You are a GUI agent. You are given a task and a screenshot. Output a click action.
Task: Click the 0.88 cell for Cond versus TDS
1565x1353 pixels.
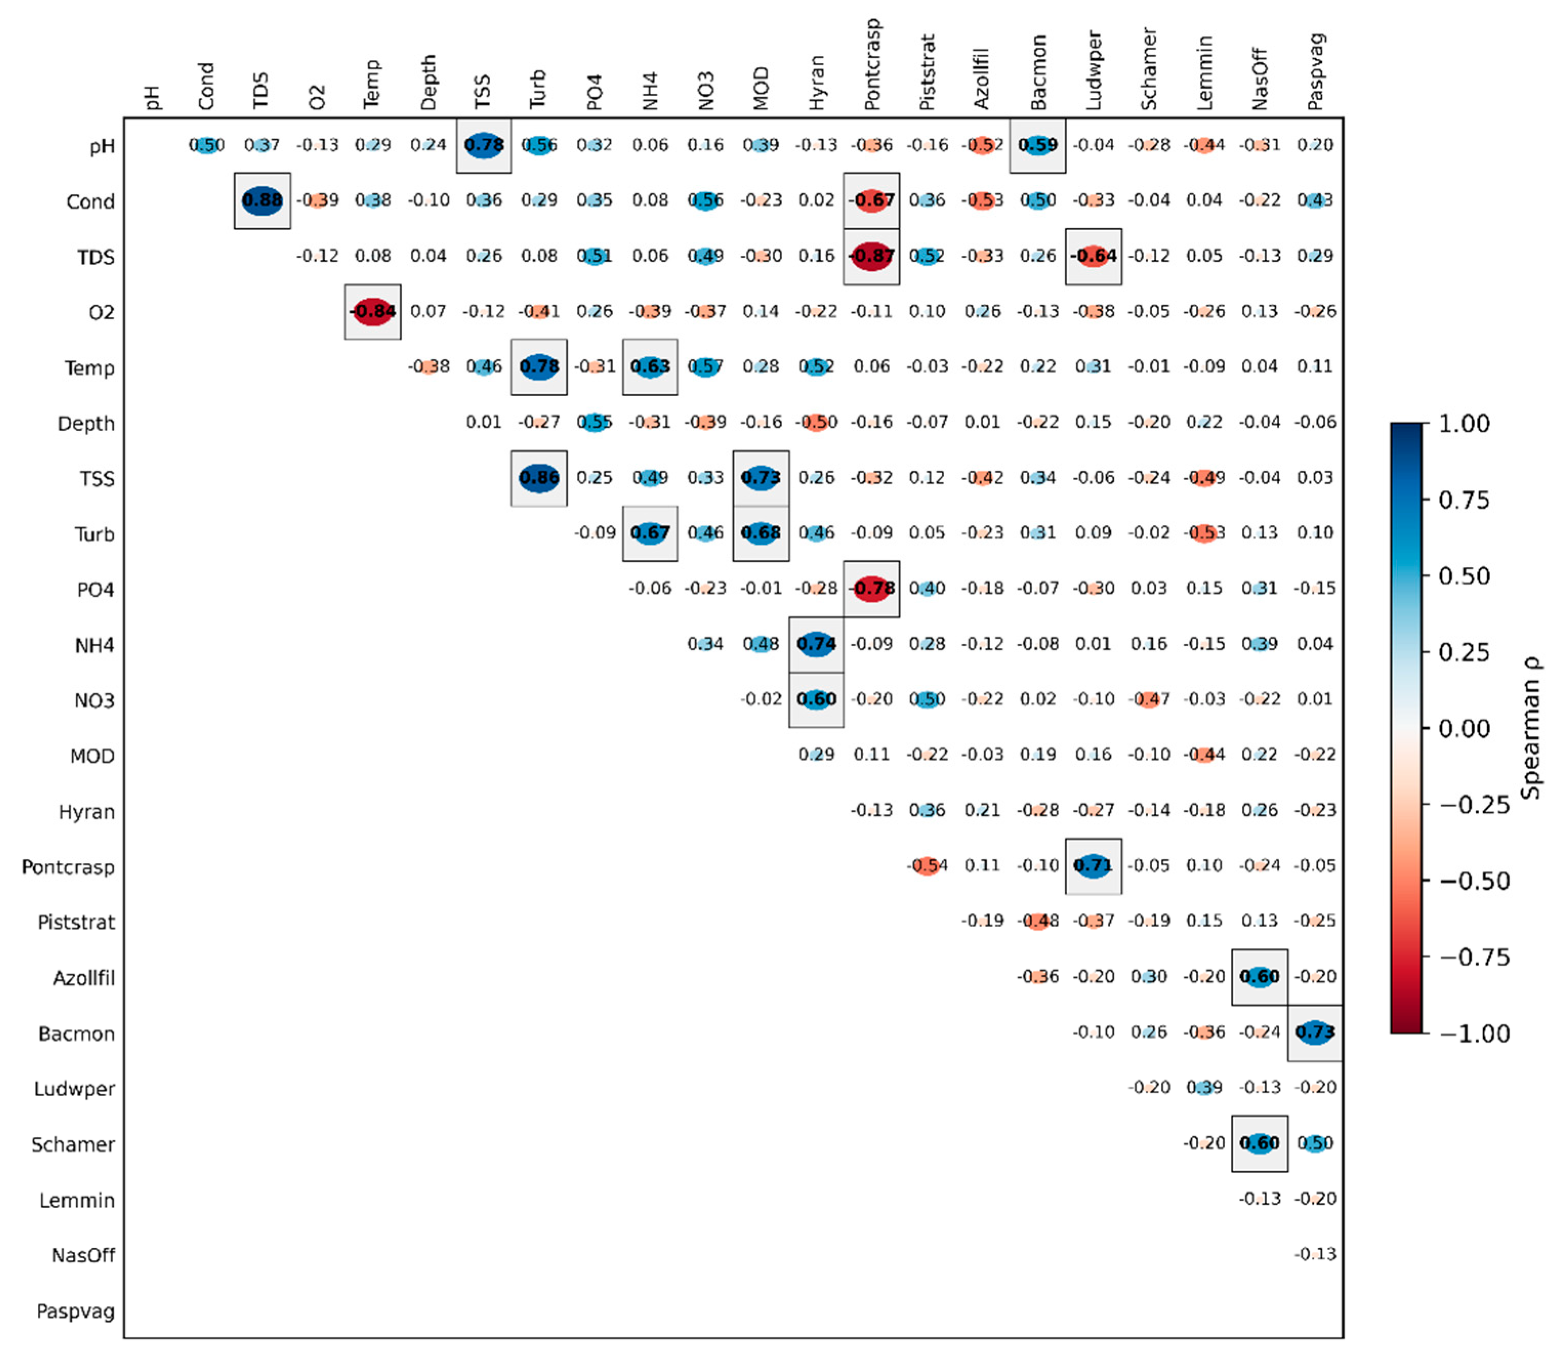point(262,201)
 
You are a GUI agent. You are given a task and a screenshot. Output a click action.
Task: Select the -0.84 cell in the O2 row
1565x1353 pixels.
point(372,311)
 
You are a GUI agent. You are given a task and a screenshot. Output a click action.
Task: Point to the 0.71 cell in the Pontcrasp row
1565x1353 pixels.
point(1093,866)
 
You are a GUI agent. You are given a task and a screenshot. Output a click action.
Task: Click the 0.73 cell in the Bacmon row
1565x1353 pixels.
point(1315,1032)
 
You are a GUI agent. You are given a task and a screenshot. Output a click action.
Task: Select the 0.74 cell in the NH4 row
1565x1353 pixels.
point(817,644)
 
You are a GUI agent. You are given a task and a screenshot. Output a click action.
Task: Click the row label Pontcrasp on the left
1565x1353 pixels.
point(68,867)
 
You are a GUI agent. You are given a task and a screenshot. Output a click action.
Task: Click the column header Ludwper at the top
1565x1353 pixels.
point(1093,71)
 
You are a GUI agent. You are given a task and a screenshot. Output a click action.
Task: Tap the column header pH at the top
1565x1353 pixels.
point(152,97)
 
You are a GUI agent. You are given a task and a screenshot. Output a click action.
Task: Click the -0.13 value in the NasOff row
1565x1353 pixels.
point(1315,1254)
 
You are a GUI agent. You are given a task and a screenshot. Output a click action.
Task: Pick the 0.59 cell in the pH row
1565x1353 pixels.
point(1038,145)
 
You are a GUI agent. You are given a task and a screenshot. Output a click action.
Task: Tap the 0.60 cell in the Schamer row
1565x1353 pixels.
point(1259,1143)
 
